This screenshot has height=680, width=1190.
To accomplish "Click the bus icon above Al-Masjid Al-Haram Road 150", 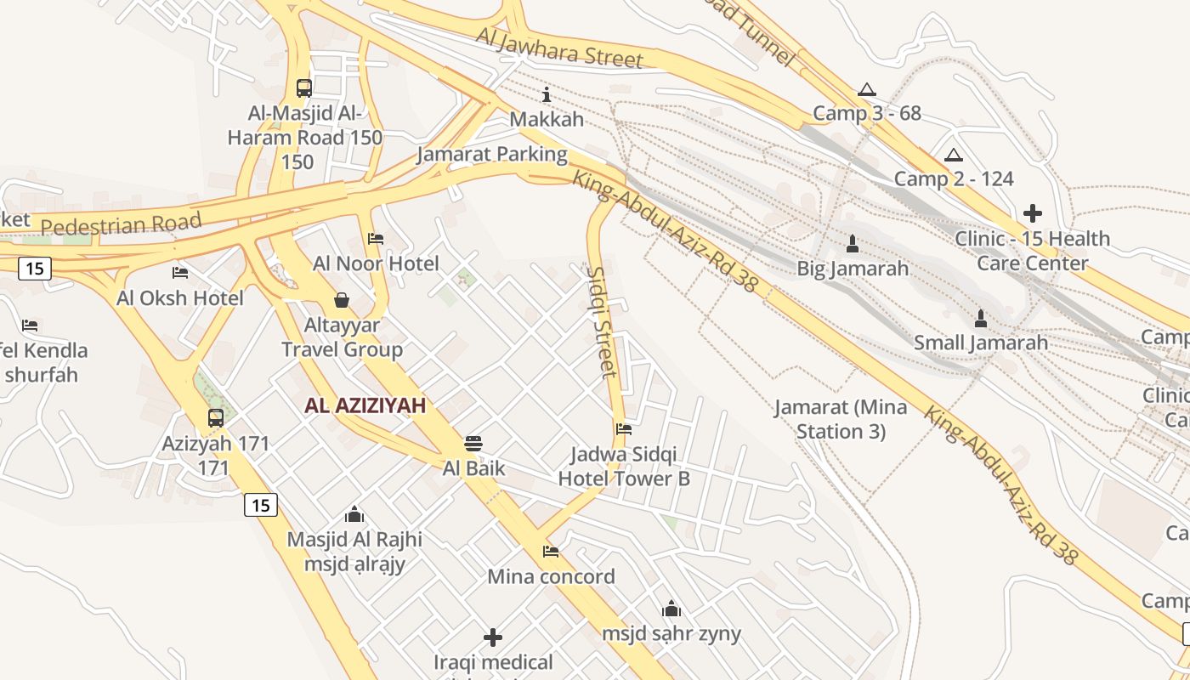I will (303, 88).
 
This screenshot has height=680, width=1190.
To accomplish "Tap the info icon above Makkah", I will (547, 94).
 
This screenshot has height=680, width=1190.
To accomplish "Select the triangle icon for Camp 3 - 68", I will (866, 89).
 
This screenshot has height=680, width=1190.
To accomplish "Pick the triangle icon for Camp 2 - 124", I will (953, 155).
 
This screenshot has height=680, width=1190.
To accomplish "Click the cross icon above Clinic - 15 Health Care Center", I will (1033, 213).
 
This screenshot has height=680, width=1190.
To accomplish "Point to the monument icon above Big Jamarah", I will (853, 244).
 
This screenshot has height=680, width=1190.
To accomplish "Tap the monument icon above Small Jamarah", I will (981, 319).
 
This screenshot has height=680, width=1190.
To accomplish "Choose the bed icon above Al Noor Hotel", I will (376, 239).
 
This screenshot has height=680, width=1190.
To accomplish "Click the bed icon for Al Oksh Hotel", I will (180, 273).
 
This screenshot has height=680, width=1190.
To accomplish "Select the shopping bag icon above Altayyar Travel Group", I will (342, 299).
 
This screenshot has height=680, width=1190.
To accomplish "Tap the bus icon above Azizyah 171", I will (216, 418).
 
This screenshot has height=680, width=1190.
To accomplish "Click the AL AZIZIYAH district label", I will (365, 406).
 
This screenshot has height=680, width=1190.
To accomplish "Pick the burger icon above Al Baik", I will (473, 443).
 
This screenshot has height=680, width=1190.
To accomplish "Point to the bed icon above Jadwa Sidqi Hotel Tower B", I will (624, 429).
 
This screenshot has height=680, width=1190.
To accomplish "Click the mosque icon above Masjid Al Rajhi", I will (354, 514).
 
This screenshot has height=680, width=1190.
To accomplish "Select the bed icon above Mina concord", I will (551, 552).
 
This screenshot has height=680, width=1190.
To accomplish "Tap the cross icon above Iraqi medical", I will (493, 637).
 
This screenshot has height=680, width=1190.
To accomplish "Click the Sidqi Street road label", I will (602, 320).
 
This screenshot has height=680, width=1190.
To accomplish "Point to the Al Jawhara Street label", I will (559, 48).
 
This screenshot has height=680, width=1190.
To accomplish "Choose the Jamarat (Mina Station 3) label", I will (841, 419).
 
